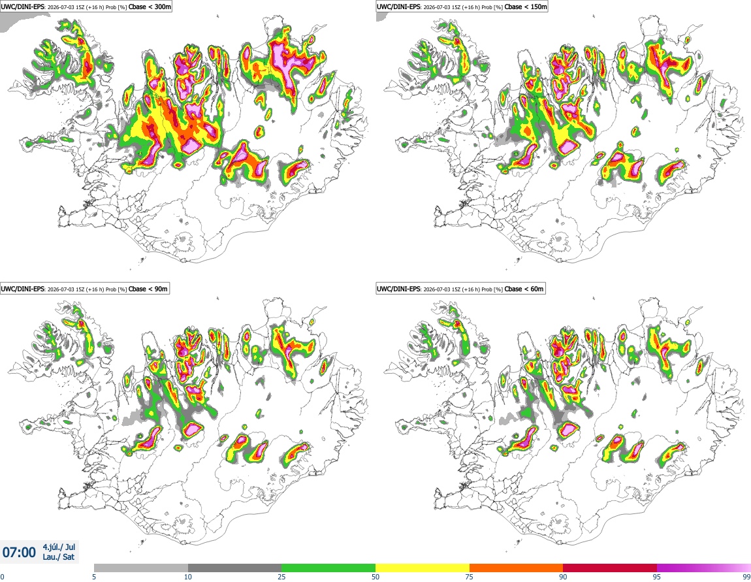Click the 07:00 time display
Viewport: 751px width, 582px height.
point(19,553)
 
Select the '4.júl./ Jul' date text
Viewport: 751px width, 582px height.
point(59,547)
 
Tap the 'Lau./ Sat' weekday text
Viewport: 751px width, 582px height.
point(58,557)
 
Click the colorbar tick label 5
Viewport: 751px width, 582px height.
point(94,577)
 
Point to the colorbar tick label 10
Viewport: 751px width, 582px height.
point(188,577)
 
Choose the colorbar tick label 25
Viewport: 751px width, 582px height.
point(282,577)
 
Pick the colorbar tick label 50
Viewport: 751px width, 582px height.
point(375,577)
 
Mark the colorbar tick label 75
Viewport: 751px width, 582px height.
point(470,577)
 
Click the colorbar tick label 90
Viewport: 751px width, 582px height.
point(563,577)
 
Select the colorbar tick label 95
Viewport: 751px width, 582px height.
point(657,577)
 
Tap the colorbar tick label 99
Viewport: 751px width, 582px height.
point(746,577)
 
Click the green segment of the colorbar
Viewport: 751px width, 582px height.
point(328,568)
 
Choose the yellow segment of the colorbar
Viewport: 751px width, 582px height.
point(423,568)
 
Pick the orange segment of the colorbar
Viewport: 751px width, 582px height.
point(517,568)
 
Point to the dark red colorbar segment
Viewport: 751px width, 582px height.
point(610,568)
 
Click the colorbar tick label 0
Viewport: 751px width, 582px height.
point(3,577)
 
